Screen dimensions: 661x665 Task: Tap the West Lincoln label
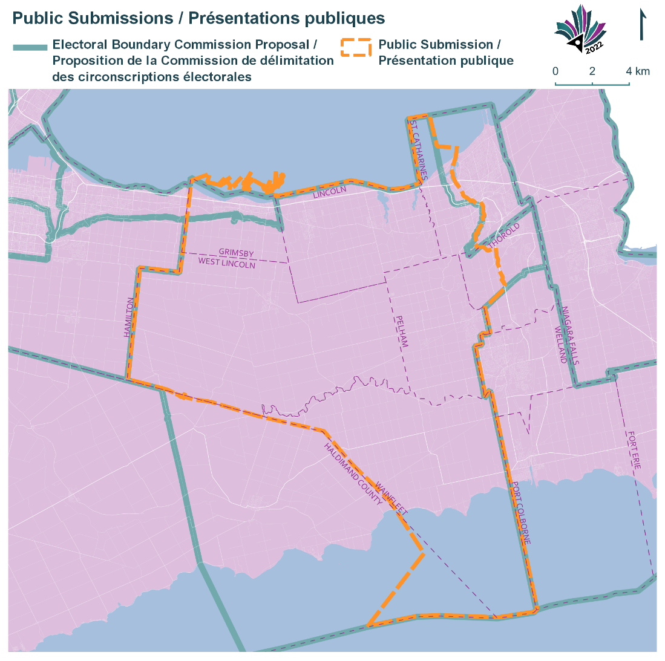point(227,263)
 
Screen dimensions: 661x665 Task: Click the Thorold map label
point(505,235)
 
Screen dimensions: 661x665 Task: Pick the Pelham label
point(402,331)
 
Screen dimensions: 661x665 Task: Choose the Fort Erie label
point(634,451)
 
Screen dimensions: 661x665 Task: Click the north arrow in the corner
point(641,25)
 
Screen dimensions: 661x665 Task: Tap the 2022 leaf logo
point(580,30)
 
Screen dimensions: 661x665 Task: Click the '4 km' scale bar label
point(638,71)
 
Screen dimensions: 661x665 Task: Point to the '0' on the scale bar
point(555,71)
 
